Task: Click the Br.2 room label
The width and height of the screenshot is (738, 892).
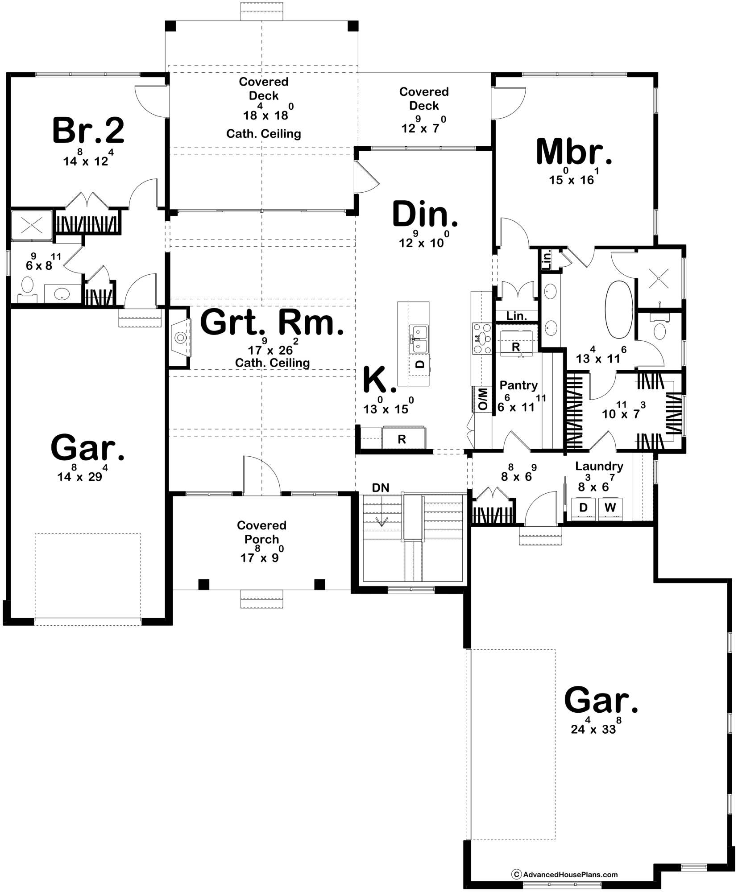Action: [x=88, y=131]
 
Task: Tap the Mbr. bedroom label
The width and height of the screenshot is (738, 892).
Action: [x=574, y=153]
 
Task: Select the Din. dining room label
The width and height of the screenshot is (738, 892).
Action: [x=424, y=215]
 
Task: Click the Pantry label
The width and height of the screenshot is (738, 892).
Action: [x=518, y=385]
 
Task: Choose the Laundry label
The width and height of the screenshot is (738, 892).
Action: [x=599, y=467]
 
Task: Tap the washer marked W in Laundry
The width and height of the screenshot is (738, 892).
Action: [x=610, y=508]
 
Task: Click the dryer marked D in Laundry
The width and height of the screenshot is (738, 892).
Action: [x=583, y=508]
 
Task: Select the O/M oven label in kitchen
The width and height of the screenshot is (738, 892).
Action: [x=483, y=399]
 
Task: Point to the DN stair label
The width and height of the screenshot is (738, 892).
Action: [x=381, y=488]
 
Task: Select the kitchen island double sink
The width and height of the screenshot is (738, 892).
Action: [x=419, y=339]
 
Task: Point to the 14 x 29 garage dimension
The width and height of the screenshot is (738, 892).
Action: [x=83, y=476]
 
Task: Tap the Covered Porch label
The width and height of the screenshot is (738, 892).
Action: [x=261, y=532]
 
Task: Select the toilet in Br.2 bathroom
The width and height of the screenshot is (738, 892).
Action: [x=28, y=286]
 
